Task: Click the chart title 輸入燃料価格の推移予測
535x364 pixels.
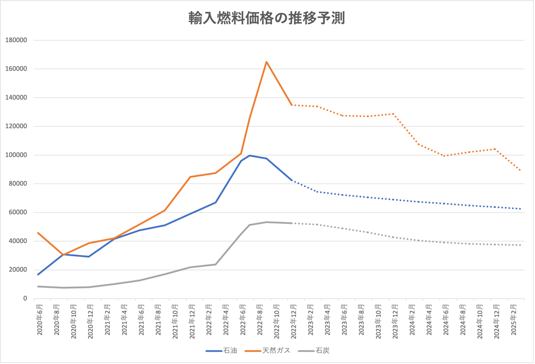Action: pos(266,18)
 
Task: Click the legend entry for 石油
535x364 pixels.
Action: pos(222,351)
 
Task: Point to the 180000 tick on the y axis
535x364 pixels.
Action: pos(16,40)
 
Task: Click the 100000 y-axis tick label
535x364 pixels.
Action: pos(16,155)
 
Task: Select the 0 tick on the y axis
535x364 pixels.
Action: pos(25,299)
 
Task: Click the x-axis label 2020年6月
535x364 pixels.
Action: pos(40,319)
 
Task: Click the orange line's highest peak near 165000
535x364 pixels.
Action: pos(266,61)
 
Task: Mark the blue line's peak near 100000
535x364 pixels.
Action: pos(250,155)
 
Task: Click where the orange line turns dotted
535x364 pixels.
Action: pos(292,105)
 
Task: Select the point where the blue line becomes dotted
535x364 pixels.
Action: pos(292,180)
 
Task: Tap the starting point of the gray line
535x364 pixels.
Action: pos(38,286)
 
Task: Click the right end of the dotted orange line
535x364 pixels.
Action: pos(521,170)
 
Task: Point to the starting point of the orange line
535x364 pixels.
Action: pos(38,233)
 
